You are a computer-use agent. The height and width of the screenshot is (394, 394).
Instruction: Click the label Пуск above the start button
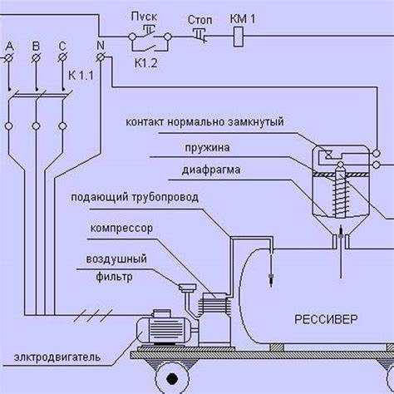(x=144, y=17)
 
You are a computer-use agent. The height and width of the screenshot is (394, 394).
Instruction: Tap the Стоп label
(x=199, y=20)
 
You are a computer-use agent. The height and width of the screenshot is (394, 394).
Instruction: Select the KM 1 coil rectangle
(x=239, y=37)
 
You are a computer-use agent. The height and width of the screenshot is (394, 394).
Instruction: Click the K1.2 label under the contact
(x=145, y=63)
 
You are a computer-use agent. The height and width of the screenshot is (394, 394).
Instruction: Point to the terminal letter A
(x=10, y=47)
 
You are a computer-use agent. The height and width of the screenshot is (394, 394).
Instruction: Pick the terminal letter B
(x=36, y=47)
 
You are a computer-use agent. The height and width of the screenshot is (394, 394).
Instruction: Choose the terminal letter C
(x=62, y=47)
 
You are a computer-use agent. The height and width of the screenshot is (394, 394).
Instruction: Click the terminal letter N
(x=101, y=45)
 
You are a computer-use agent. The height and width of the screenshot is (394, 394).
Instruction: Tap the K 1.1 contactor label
(x=81, y=76)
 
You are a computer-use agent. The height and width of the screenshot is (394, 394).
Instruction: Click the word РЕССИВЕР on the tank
(x=326, y=319)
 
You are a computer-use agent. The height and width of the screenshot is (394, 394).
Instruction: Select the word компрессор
(x=121, y=229)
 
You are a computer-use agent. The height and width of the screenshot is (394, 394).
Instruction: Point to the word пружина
(x=207, y=148)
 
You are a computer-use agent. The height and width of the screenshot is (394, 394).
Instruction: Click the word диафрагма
(x=211, y=170)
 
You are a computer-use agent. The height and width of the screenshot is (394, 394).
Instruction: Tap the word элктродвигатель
(x=57, y=357)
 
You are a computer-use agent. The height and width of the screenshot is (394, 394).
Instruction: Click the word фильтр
(x=114, y=277)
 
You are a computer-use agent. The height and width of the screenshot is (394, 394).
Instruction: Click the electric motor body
(x=164, y=330)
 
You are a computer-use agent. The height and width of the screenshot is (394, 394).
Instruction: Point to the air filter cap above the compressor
(x=187, y=288)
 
